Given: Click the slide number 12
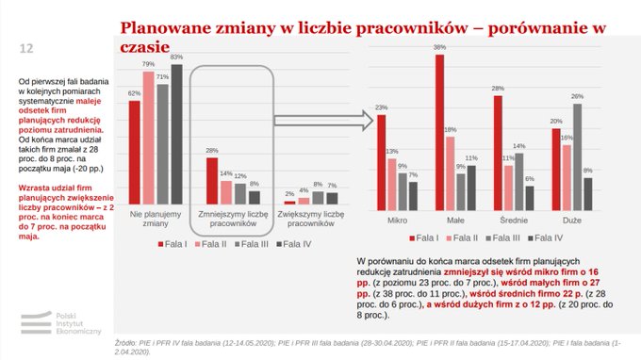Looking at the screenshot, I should tap(26, 48).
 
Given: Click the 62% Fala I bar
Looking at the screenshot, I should tap(134, 152).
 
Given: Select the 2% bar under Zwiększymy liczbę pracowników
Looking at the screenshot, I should tap(290, 202).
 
